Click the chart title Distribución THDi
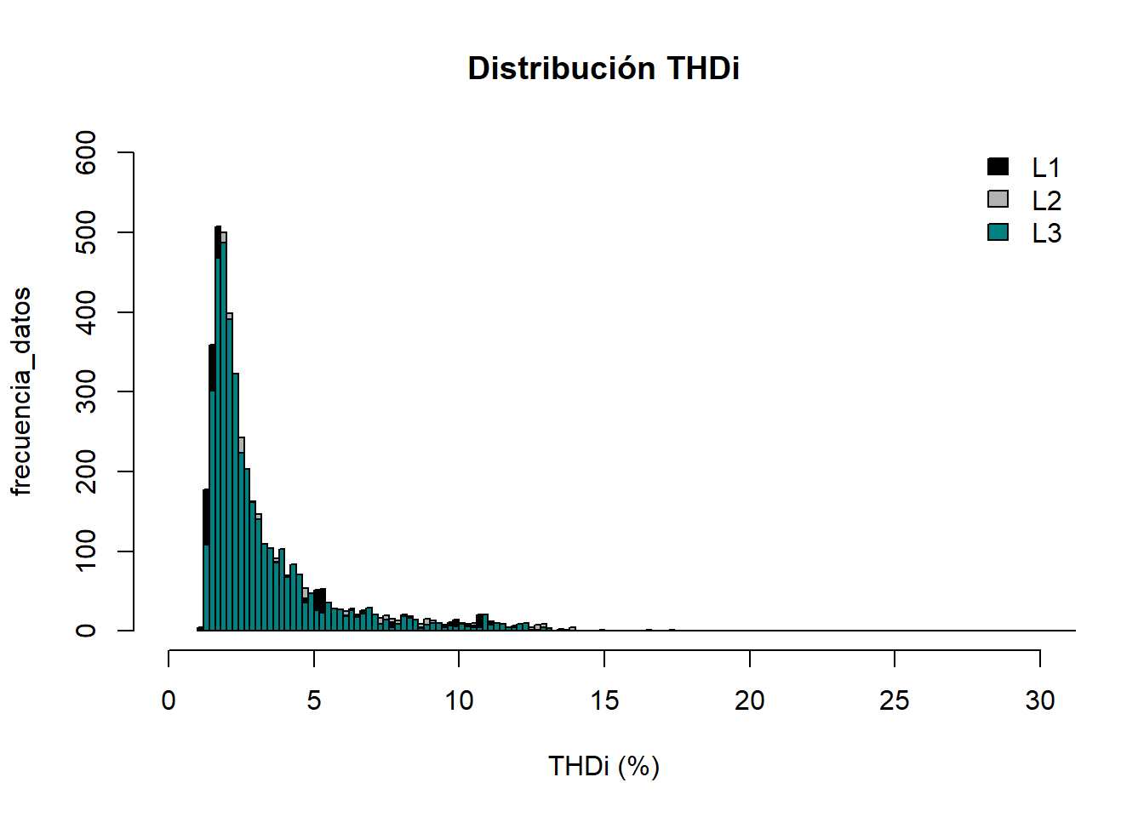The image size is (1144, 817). (603, 68)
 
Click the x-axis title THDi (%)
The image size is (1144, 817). (603, 766)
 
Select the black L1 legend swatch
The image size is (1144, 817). (998, 167)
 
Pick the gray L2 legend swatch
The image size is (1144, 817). (998, 199)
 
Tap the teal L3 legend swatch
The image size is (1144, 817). (998, 231)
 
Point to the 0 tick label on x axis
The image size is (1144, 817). (169, 700)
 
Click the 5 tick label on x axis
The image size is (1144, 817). (314, 700)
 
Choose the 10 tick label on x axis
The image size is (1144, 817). (459, 700)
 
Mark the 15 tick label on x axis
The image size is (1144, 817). (604, 700)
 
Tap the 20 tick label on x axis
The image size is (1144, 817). (750, 700)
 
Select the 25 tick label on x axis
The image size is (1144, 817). (895, 700)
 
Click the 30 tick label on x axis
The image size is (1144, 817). (1040, 700)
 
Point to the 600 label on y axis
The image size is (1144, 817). (86, 153)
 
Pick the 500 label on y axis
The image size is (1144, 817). (86, 232)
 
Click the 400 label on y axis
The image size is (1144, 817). (86, 312)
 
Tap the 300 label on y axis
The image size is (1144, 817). (86, 391)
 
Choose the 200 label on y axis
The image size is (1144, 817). (86, 471)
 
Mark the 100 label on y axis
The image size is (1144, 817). (86, 551)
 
